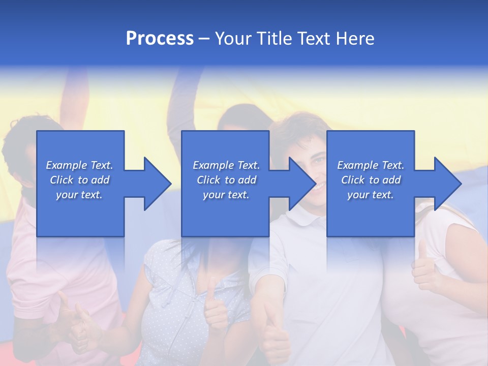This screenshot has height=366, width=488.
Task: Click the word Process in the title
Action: (x=160, y=39)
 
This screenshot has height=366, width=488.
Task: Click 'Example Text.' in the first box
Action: (x=79, y=165)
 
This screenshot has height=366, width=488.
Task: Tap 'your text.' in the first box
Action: (x=79, y=195)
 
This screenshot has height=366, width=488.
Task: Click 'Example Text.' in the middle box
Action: (x=226, y=165)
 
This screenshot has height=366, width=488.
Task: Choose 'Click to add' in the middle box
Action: (x=226, y=180)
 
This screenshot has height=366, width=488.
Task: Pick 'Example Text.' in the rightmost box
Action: (x=371, y=165)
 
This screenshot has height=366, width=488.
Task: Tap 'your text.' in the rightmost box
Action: (x=371, y=195)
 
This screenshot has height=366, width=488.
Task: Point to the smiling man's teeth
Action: (x=318, y=186)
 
